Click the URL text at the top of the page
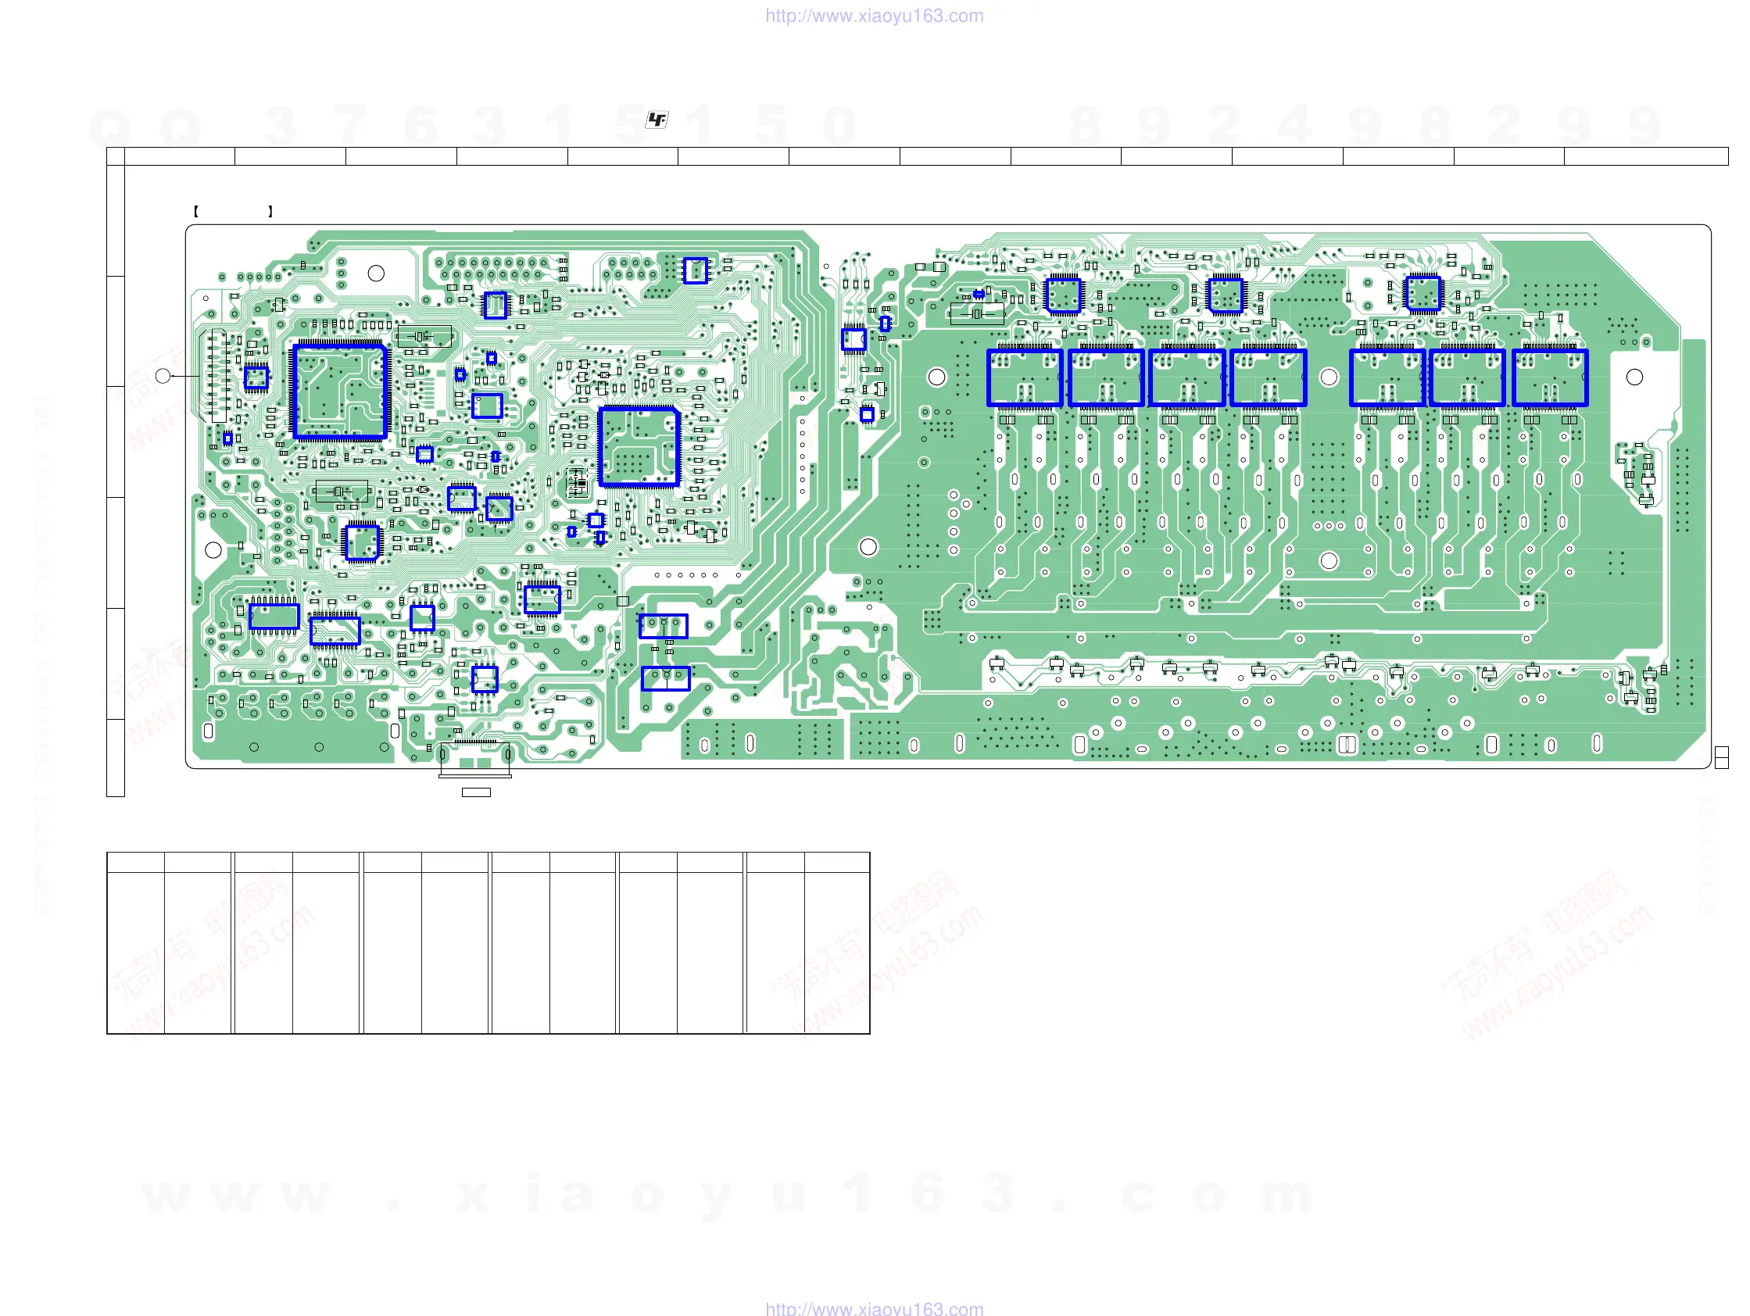point(874,16)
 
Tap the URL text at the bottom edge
point(874,1309)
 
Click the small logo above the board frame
point(657,120)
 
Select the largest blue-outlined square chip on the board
point(339,391)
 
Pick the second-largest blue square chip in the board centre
point(639,446)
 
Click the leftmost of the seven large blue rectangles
point(1025,378)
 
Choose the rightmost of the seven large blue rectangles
point(1549,378)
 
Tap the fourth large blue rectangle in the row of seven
point(1269,378)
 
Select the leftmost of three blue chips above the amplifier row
point(1063,295)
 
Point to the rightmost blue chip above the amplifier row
point(1423,293)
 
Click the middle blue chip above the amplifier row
point(1226,295)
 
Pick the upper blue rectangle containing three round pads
point(663,626)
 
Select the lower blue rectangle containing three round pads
point(665,678)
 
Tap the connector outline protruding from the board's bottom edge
point(474,761)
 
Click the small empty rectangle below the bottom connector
point(475,792)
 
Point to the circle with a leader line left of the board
point(163,376)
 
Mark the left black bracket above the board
point(195,211)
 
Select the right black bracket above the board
point(270,211)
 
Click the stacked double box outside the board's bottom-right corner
point(1721,757)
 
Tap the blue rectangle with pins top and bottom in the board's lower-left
point(274,616)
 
